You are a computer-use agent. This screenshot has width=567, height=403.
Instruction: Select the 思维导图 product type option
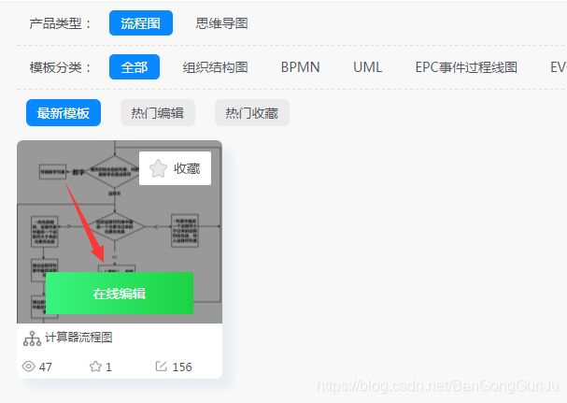[222, 23]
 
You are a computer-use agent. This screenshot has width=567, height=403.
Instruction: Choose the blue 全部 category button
[135, 67]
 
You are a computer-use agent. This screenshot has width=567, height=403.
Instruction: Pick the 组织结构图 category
[215, 67]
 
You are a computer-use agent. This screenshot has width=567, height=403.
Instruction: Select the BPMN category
[300, 67]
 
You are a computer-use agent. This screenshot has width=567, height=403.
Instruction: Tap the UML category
[367, 67]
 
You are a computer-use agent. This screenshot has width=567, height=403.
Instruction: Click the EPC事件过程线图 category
[466, 67]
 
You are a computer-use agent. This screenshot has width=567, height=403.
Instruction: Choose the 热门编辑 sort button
[158, 113]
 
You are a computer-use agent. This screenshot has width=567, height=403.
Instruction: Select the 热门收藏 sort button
[252, 113]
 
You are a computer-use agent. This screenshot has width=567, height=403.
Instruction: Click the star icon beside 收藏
[159, 168]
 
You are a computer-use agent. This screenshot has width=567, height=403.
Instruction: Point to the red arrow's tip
[102, 261]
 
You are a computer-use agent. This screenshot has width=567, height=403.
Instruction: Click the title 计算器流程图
[79, 338]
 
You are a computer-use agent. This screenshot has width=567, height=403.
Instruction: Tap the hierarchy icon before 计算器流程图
[32, 338]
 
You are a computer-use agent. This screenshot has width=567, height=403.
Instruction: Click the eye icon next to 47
[28, 367]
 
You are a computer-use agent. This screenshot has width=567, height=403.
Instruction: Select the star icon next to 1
[95, 367]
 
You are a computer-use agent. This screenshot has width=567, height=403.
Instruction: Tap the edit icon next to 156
[162, 367]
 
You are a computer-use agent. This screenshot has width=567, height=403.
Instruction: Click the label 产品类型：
[62, 23]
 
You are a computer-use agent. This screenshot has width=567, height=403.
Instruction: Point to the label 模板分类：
[62, 67]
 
